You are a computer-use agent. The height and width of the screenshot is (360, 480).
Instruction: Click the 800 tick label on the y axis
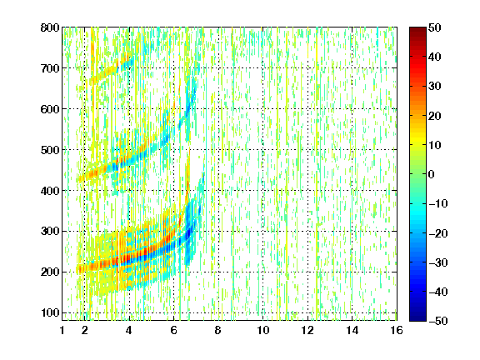50,27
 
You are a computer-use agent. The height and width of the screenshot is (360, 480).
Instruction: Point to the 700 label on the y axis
50,68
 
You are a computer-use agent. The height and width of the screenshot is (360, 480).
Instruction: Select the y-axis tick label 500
50,150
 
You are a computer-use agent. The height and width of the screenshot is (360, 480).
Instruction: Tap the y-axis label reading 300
50,232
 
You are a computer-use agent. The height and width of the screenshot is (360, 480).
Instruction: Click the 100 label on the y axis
50,312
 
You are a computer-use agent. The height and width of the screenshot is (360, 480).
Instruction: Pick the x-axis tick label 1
62,330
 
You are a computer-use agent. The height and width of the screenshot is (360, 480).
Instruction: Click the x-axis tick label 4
129,330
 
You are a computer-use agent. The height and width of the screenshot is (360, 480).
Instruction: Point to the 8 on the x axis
218,330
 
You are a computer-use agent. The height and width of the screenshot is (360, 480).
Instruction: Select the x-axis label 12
307,330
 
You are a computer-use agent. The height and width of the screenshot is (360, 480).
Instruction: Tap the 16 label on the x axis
397,330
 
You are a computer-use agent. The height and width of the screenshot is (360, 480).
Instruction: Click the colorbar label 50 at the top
435,27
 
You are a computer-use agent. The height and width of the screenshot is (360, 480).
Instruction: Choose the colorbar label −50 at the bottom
438,321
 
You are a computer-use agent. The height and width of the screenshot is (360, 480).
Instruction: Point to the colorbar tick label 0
432,174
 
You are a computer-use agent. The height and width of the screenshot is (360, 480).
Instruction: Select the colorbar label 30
435,87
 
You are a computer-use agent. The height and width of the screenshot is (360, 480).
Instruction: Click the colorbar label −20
438,233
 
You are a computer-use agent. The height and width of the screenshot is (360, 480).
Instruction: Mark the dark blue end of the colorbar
417,318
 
